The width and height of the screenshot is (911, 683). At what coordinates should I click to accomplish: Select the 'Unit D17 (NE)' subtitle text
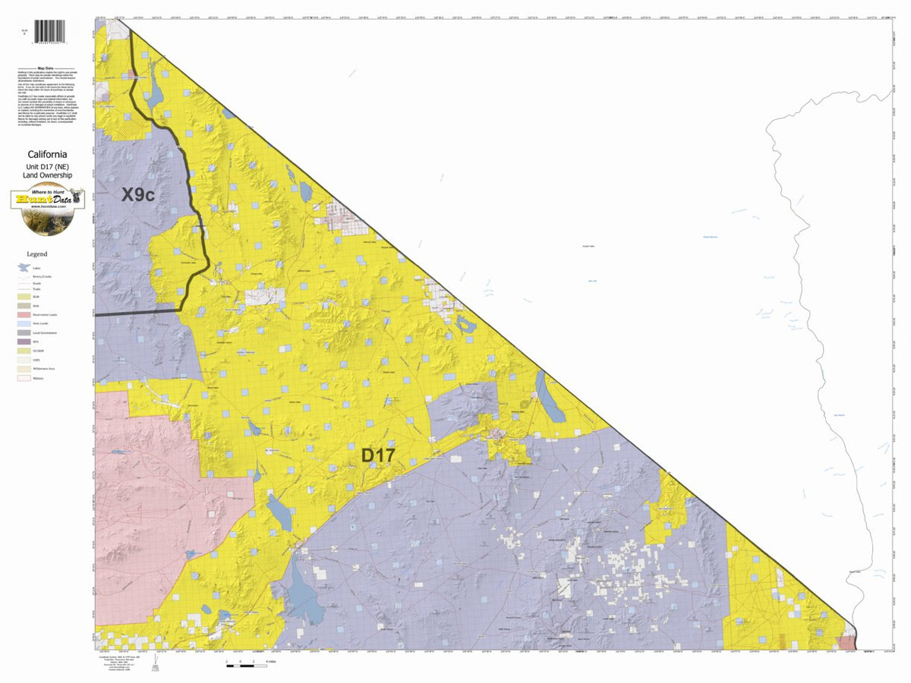47,165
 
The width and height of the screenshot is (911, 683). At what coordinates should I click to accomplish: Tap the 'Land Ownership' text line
47,175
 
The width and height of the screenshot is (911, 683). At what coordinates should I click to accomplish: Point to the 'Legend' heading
36,254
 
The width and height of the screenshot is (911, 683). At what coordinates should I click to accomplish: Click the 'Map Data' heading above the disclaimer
46,68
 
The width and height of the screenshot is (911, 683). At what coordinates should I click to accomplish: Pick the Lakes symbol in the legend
23,268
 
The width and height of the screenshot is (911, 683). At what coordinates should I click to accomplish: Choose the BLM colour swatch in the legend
23,297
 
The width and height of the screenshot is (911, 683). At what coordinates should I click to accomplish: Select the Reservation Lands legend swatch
23,314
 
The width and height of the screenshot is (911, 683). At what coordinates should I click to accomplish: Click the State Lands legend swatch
23,323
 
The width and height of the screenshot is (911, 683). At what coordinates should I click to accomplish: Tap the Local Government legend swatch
23,332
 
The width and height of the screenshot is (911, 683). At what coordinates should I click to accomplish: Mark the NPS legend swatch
23,341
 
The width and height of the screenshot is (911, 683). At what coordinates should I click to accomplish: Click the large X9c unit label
138,195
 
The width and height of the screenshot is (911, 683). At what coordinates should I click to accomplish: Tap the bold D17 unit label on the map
377,455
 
